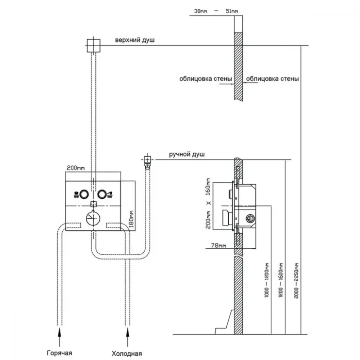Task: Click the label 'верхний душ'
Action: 135,40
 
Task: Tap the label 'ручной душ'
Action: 186,154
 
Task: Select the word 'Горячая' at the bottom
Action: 59,353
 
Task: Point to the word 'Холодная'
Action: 127,354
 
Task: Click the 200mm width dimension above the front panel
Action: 76,168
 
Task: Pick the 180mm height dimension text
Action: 131,219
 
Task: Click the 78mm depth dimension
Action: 219,246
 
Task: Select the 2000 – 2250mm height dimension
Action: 296,280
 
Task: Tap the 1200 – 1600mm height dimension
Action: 280,280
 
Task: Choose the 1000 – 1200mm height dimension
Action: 266,280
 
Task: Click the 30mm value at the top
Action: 201,11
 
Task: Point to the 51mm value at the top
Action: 231,11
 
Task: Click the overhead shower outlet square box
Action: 94,45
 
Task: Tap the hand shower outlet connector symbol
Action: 147,161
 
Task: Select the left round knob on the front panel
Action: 84,194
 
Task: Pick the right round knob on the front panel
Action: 102,194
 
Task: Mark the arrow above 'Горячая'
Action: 59,337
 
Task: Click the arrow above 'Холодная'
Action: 127,337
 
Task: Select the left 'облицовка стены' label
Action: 206,79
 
